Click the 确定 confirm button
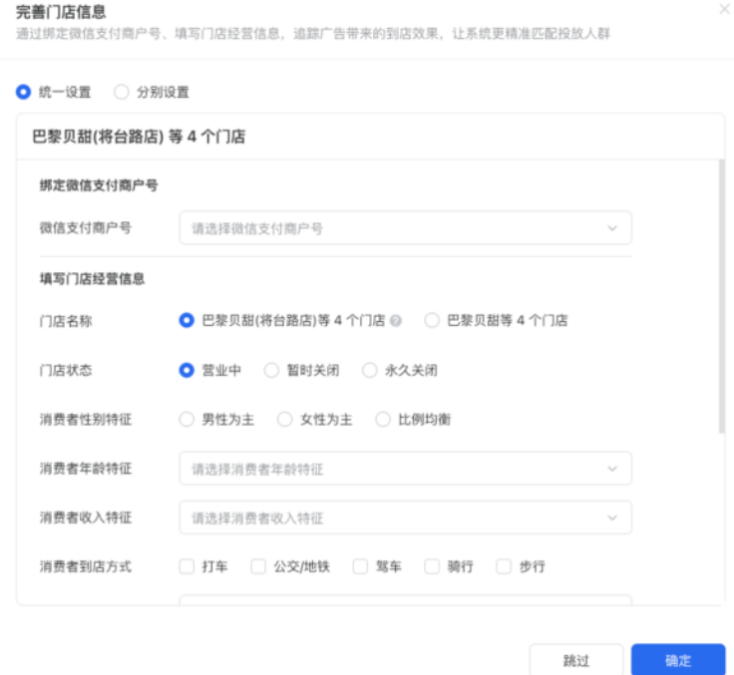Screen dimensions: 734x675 678,660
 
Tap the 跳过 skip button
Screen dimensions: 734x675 576,660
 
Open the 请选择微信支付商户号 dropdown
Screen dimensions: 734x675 405,228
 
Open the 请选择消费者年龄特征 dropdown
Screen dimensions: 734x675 405,469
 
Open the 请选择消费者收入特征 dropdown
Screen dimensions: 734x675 405,517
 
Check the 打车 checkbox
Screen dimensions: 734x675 186,566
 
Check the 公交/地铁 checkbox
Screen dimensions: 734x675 258,566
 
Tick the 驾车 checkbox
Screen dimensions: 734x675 360,566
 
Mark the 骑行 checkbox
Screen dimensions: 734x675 432,566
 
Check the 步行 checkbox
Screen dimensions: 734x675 504,566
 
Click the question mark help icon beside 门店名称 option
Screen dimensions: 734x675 396,321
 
